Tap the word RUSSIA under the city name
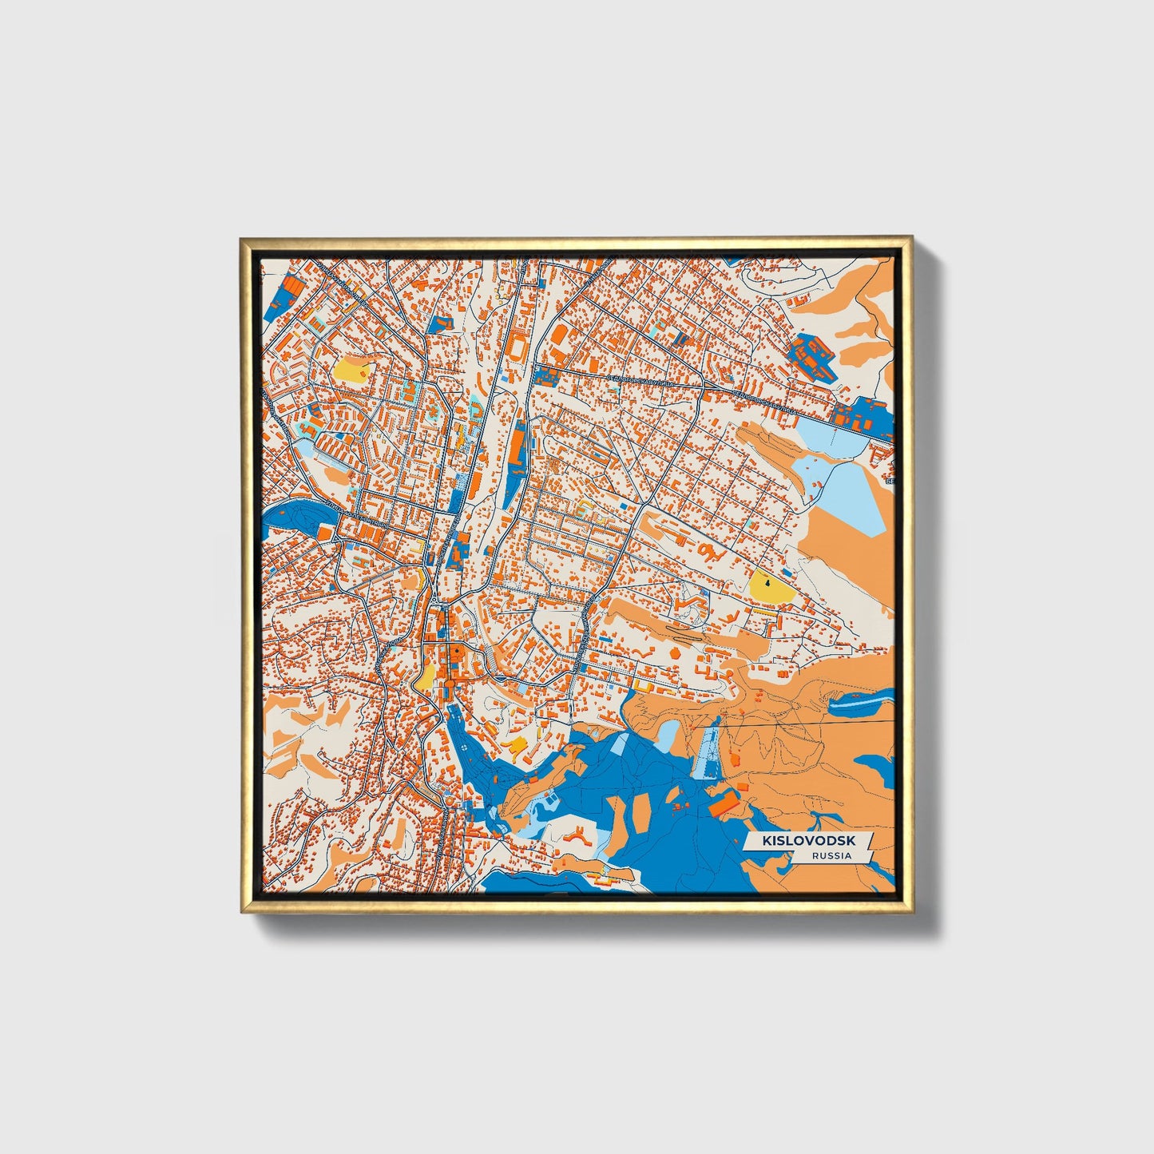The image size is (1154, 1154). tap(831, 855)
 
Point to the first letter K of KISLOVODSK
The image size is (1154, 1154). tap(767, 841)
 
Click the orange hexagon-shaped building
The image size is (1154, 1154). tap(676, 653)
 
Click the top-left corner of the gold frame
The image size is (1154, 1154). tap(242, 239)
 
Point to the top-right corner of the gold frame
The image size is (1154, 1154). tap(911, 239)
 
